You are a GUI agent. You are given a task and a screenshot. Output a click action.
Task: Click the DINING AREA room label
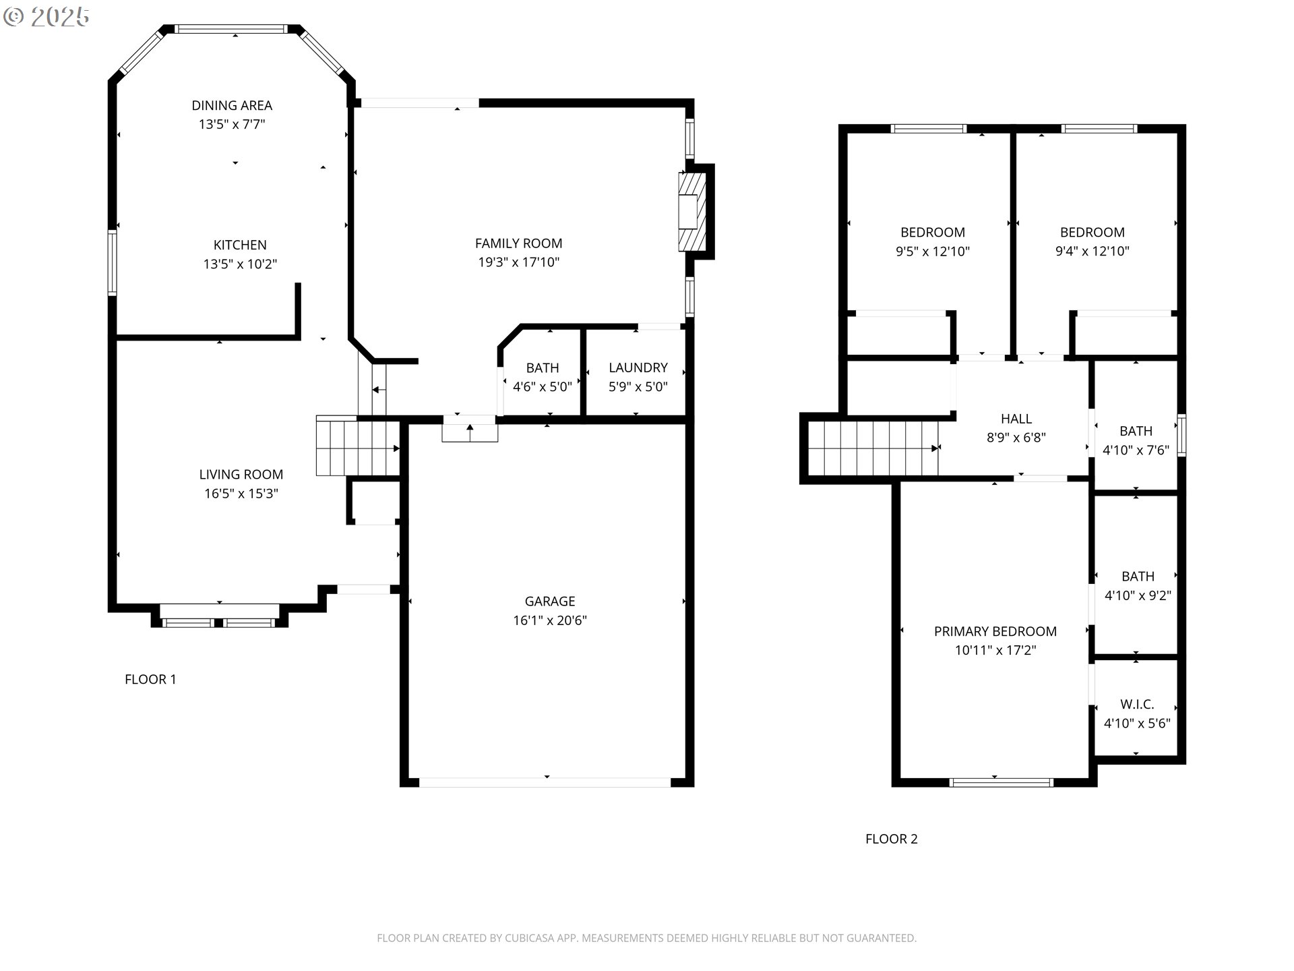[232, 105]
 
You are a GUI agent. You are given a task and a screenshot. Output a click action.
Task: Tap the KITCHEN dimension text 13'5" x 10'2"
[240, 264]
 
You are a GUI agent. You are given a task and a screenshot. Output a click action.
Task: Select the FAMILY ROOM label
[518, 243]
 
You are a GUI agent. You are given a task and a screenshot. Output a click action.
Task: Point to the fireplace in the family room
[692, 212]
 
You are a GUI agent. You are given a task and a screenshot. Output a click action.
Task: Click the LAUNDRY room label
[638, 367]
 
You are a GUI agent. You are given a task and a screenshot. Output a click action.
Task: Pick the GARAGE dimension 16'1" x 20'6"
[550, 620]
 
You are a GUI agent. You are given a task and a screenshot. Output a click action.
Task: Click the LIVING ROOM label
[241, 474]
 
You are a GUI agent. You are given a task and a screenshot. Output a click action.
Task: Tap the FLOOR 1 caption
[150, 679]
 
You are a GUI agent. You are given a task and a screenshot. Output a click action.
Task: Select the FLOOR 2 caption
[891, 839]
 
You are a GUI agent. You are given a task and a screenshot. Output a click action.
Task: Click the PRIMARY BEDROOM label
[995, 631]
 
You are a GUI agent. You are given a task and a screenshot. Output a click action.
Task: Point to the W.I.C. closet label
[1137, 704]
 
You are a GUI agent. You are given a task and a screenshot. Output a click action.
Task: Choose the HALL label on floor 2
[1016, 419]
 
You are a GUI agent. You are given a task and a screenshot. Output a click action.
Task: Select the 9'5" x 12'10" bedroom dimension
[932, 252]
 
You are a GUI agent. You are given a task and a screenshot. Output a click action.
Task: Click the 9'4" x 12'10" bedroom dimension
[1092, 252]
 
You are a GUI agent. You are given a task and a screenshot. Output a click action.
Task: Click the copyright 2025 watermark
[47, 17]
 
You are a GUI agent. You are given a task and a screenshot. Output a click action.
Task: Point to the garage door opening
[545, 782]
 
